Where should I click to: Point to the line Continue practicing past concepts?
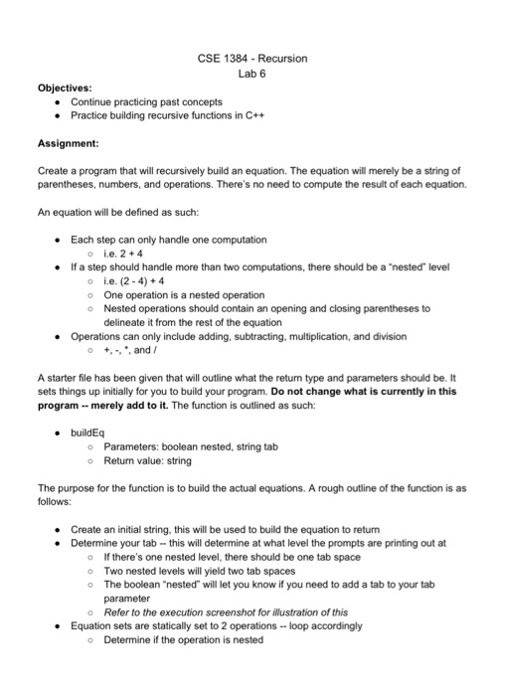146,101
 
